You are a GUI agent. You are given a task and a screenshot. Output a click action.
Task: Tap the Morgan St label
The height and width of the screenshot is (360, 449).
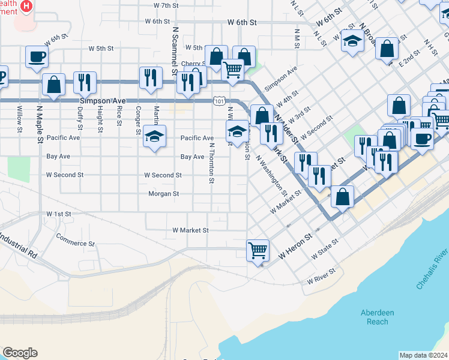(164, 194)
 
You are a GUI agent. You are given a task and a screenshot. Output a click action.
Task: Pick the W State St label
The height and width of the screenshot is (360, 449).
(325, 250)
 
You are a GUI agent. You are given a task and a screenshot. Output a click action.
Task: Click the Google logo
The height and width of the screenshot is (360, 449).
(20, 353)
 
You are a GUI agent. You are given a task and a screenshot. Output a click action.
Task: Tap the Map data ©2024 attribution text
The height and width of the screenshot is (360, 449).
(423, 355)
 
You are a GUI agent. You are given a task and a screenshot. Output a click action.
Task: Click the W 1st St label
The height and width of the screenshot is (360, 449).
(58, 214)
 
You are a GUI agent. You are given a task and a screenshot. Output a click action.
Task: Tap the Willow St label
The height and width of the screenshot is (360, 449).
(20, 119)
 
